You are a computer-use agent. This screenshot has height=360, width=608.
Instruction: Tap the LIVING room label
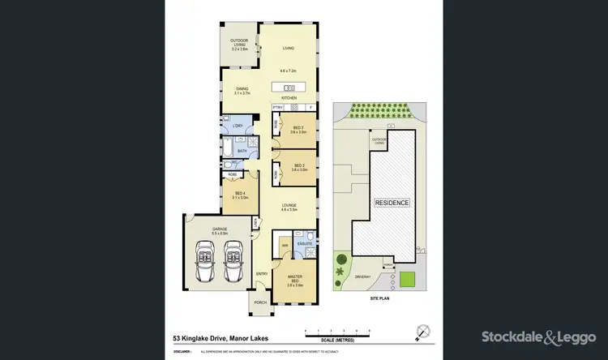point(288,49)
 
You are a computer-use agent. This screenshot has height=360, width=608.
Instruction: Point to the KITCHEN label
point(289,98)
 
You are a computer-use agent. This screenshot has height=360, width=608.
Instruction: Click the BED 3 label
point(298,127)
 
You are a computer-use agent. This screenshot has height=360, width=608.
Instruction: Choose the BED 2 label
point(298,165)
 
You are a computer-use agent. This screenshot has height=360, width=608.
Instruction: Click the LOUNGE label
point(289,204)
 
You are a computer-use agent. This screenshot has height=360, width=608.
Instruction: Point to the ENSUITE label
point(306,242)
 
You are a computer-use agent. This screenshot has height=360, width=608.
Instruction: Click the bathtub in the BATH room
point(241,151)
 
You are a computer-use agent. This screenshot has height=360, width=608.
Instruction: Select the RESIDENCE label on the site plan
point(392,202)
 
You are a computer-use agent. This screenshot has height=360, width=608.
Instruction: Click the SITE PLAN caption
point(380,299)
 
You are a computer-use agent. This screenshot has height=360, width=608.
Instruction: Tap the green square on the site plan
point(408,281)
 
